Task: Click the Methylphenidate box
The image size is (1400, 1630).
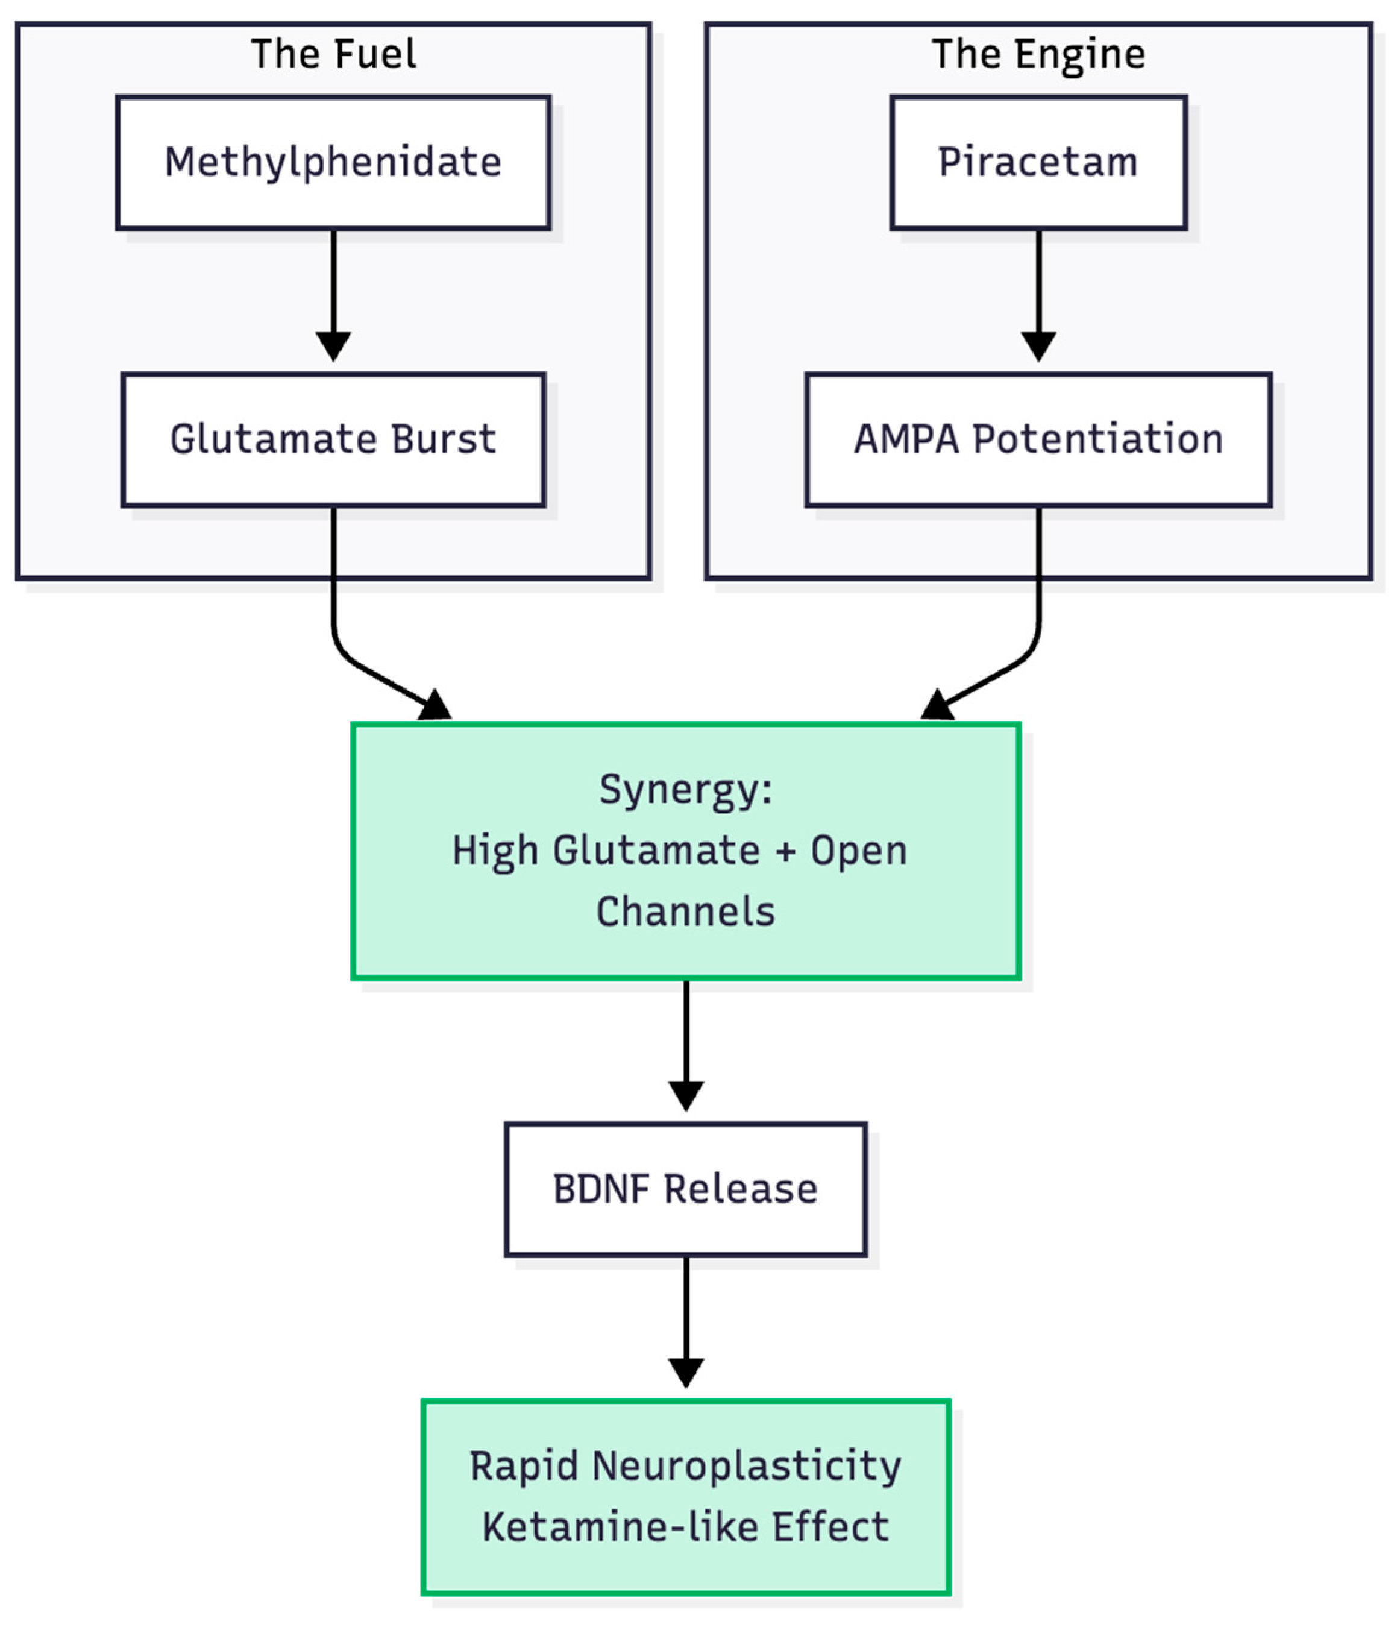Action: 333,163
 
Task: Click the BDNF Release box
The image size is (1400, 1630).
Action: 685,1189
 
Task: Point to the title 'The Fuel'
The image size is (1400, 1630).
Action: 333,54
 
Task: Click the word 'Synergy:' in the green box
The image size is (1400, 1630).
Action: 685,789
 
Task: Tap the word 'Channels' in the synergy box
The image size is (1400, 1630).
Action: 685,912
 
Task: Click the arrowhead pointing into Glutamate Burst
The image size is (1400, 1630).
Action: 333,346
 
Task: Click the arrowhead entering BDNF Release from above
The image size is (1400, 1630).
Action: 685,1095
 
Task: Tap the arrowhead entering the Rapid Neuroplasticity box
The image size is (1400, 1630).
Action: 685,1373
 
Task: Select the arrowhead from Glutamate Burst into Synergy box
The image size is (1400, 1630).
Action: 435,705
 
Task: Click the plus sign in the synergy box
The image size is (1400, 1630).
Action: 784,851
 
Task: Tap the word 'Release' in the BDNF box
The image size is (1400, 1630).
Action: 740,1189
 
